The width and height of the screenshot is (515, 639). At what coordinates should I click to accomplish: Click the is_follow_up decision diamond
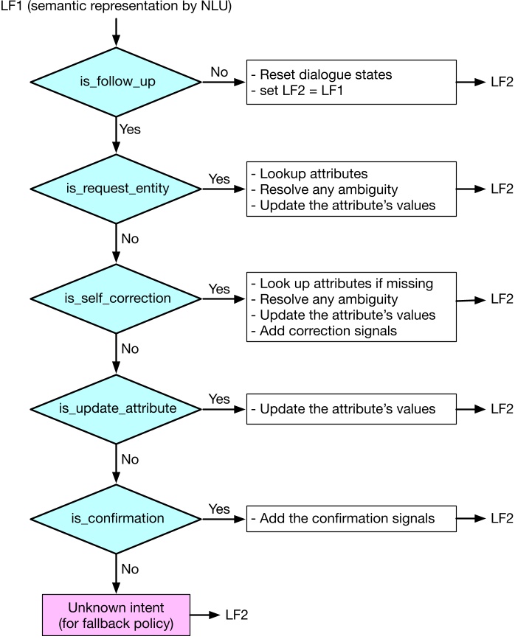[x=117, y=83]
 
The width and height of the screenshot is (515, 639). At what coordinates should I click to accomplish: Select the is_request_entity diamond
[x=117, y=189]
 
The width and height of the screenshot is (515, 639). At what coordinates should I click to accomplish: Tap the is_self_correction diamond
[x=117, y=299]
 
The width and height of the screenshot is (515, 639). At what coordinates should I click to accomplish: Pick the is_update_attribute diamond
[x=117, y=408]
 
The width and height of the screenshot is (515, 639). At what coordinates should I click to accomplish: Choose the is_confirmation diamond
[x=117, y=518]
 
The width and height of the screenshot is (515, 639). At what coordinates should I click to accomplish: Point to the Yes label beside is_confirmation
[x=219, y=509]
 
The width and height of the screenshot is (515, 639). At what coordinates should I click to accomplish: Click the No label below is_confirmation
[x=129, y=569]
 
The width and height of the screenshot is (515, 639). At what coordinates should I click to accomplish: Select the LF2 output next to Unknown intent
[x=236, y=615]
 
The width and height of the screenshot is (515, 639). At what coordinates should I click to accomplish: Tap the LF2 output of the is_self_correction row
[x=502, y=298]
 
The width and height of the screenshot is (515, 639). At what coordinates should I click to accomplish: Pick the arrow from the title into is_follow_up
[x=117, y=32]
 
